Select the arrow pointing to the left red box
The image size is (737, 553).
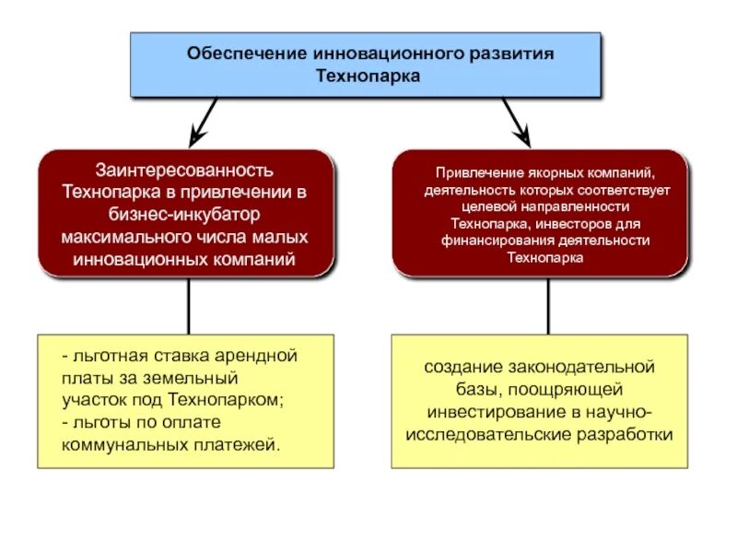coord(204,121)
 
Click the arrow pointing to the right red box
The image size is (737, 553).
coord(516,121)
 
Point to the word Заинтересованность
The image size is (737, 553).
coord(184,171)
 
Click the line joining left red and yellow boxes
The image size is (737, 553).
coord(188,305)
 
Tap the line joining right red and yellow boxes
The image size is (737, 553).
coord(548,305)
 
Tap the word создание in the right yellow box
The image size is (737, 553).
coord(458,368)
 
